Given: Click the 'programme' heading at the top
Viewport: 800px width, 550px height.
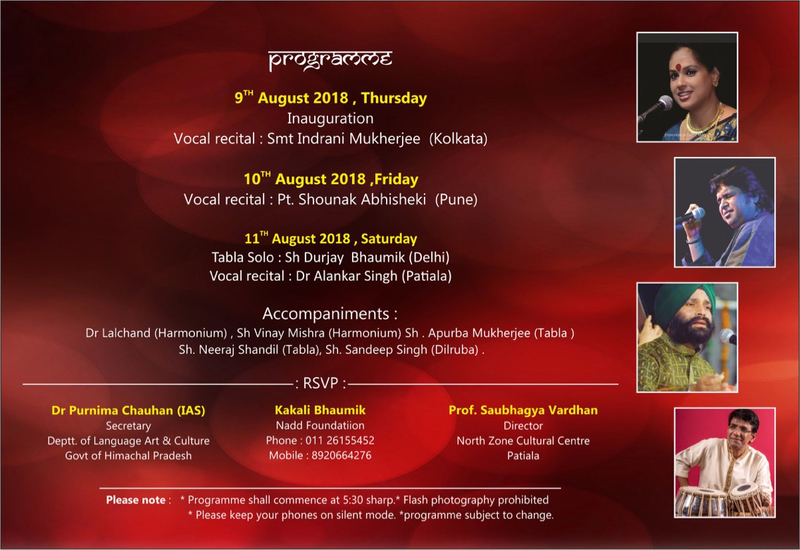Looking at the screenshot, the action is (330, 60).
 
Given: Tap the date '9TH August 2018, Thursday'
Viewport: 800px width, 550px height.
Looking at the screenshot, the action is (330, 97).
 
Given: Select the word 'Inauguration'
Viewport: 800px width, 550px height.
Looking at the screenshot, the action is (330, 118).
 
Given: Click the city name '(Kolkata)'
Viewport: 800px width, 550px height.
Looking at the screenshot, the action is (458, 139).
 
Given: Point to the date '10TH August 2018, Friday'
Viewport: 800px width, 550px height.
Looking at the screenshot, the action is (330, 179).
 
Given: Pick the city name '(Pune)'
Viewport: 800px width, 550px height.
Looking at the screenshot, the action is (456, 199).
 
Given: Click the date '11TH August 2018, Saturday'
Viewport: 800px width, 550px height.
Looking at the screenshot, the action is (330, 238).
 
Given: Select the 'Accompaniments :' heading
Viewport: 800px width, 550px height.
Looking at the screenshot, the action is (330, 314).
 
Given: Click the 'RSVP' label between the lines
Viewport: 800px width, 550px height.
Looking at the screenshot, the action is (320, 383).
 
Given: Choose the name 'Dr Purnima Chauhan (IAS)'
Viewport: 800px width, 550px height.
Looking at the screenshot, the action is (128, 410).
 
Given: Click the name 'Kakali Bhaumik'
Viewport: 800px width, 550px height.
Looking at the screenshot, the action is (320, 410).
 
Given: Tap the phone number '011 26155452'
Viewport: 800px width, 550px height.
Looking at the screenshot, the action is (339, 440).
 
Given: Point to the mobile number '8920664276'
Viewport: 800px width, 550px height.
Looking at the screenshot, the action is (342, 455).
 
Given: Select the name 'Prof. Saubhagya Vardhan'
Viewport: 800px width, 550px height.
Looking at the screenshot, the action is (523, 410).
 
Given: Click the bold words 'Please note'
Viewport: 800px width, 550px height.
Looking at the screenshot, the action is (136, 500).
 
